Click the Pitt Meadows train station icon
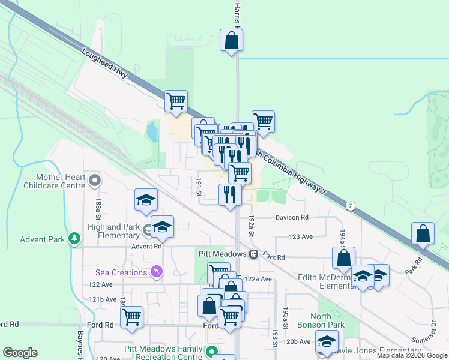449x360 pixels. coord(254,254)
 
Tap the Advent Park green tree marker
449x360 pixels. coord(74,239)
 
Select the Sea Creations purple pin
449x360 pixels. coord(156,272)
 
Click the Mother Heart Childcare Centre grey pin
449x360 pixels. coord(94,179)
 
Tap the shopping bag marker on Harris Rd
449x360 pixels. coord(231,41)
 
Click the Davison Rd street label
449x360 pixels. coord(292,217)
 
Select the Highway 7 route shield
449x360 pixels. coord(350,206)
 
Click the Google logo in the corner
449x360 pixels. coord(20,352)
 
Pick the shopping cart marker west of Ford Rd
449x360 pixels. coord(131,316)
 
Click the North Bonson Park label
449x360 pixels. coord(328,321)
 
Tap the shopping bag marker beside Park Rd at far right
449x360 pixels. coord(423,233)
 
